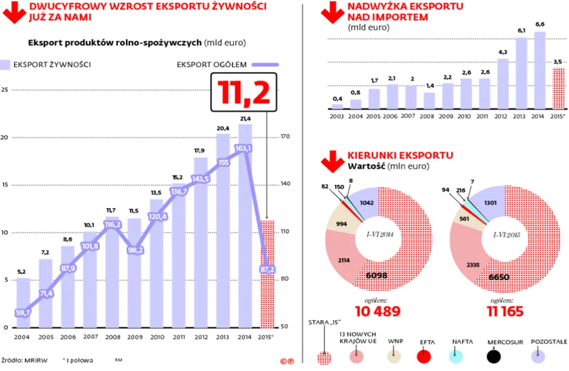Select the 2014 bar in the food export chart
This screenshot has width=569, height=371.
(245, 225)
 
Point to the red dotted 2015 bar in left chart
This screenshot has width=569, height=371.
(267, 274)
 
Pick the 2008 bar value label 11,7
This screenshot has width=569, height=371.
(112, 210)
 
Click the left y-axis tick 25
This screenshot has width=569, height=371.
(5, 89)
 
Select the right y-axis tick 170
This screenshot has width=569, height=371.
(284, 137)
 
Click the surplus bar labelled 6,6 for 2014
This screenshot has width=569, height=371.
(539, 70)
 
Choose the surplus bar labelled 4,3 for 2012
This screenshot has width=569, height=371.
(502, 83)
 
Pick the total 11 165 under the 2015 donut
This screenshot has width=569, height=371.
(510, 312)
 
